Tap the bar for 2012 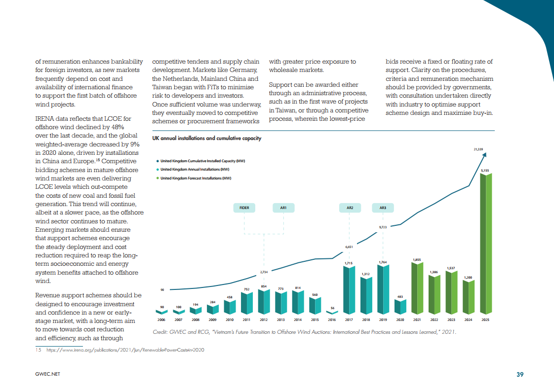click(x=264, y=302)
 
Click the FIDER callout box click(x=244, y=208)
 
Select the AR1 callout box click(x=283, y=208)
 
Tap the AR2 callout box click(x=350, y=208)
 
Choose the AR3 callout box click(x=383, y=208)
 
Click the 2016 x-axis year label click(x=332, y=320)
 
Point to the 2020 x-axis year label click(x=400, y=320)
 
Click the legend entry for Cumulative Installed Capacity click(x=202, y=161)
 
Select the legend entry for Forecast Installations click(x=196, y=178)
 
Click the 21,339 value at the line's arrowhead click(x=478, y=148)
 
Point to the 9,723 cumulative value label click(x=383, y=227)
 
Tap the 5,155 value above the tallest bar click(x=486, y=170)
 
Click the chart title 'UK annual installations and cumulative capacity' click(x=207, y=139)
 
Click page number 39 click(x=520, y=374)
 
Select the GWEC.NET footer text click(x=47, y=374)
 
